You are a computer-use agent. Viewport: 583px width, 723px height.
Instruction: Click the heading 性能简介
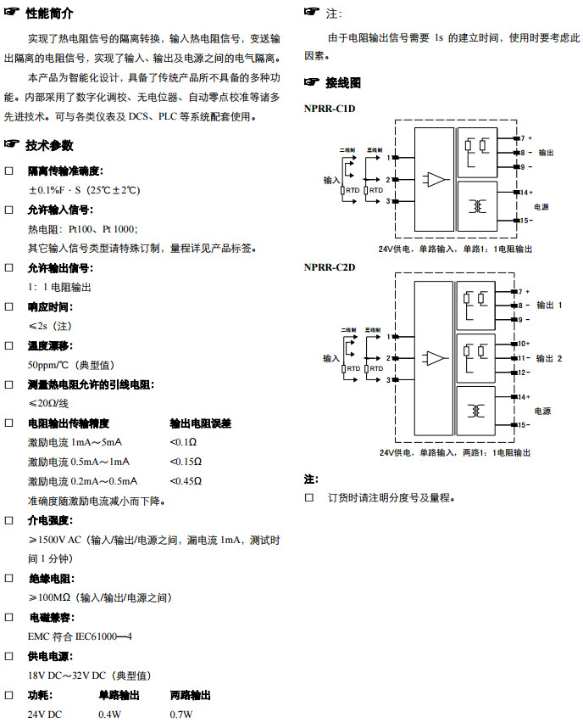(x=50, y=14)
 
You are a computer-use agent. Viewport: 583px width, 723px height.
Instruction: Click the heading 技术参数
(x=50, y=145)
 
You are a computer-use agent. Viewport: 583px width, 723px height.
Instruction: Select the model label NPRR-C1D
(x=330, y=109)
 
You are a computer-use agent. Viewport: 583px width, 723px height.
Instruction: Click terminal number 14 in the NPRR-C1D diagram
(x=524, y=193)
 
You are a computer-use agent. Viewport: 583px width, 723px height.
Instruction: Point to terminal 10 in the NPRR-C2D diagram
(x=523, y=344)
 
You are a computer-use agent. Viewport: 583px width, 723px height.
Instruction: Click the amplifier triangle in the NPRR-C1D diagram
(x=436, y=179)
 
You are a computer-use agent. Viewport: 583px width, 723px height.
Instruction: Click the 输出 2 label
(x=549, y=358)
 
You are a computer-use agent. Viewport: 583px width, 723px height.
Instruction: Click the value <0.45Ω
(x=186, y=481)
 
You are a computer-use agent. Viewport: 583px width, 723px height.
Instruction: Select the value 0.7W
(x=181, y=715)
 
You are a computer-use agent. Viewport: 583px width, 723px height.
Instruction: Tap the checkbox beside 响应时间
(x=9, y=306)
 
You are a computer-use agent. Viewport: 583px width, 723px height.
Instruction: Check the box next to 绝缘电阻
(x=9, y=578)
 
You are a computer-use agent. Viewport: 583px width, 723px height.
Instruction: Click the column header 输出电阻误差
(x=201, y=423)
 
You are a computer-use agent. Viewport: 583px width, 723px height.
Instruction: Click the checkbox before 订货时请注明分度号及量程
(x=309, y=497)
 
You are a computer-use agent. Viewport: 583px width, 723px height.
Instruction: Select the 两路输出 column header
(x=191, y=695)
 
